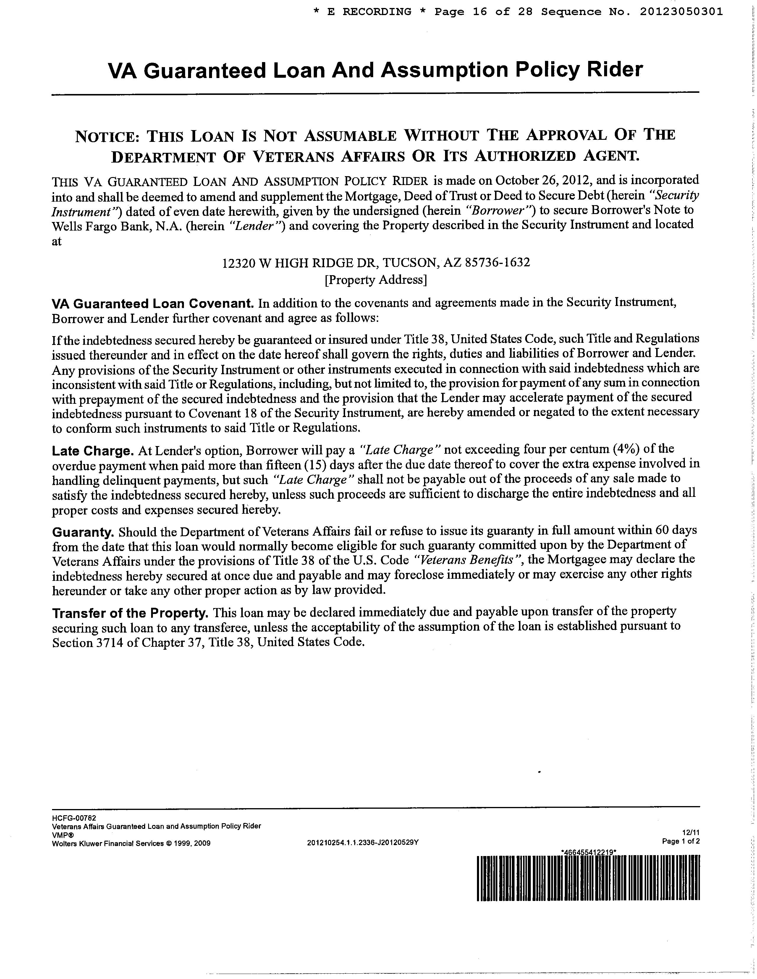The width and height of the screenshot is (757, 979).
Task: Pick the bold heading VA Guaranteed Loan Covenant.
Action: click(153, 304)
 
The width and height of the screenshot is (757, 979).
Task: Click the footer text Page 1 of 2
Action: click(680, 841)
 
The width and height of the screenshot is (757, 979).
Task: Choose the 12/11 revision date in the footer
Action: click(693, 833)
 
